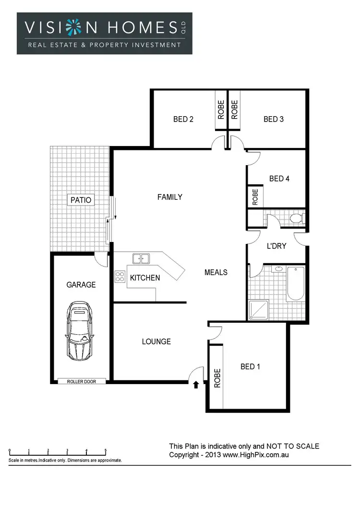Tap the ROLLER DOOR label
click(x=77, y=382)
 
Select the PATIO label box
click(x=81, y=200)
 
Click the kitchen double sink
click(x=141, y=259)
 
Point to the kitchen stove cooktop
click(x=120, y=277)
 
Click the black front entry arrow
click(x=196, y=384)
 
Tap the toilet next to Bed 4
click(x=296, y=218)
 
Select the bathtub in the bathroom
click(x=295, y=283)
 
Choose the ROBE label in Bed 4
click(x=255, y=197)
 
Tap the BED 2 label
click(x=183, y=119)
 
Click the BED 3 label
click(x=274, y=119)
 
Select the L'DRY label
click(x=276, y=246)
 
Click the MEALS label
click(x=216, y=272)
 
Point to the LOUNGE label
click(x=156, y=341)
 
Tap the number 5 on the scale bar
click(x=106, y=450)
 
